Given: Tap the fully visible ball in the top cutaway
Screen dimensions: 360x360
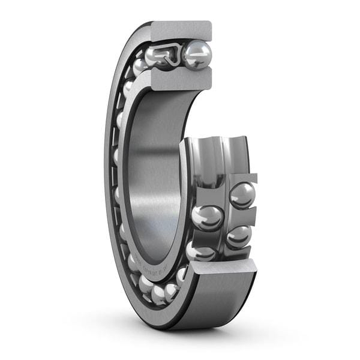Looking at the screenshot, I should click(197, 55).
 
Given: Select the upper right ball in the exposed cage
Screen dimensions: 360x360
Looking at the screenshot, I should click(242, 196).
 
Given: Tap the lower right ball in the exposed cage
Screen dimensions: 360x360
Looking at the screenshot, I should click(239, 236).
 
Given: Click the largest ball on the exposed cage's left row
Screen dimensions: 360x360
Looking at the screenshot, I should click(208, 218).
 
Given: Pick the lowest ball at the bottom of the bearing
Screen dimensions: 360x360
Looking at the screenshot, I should click(159, 294).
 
